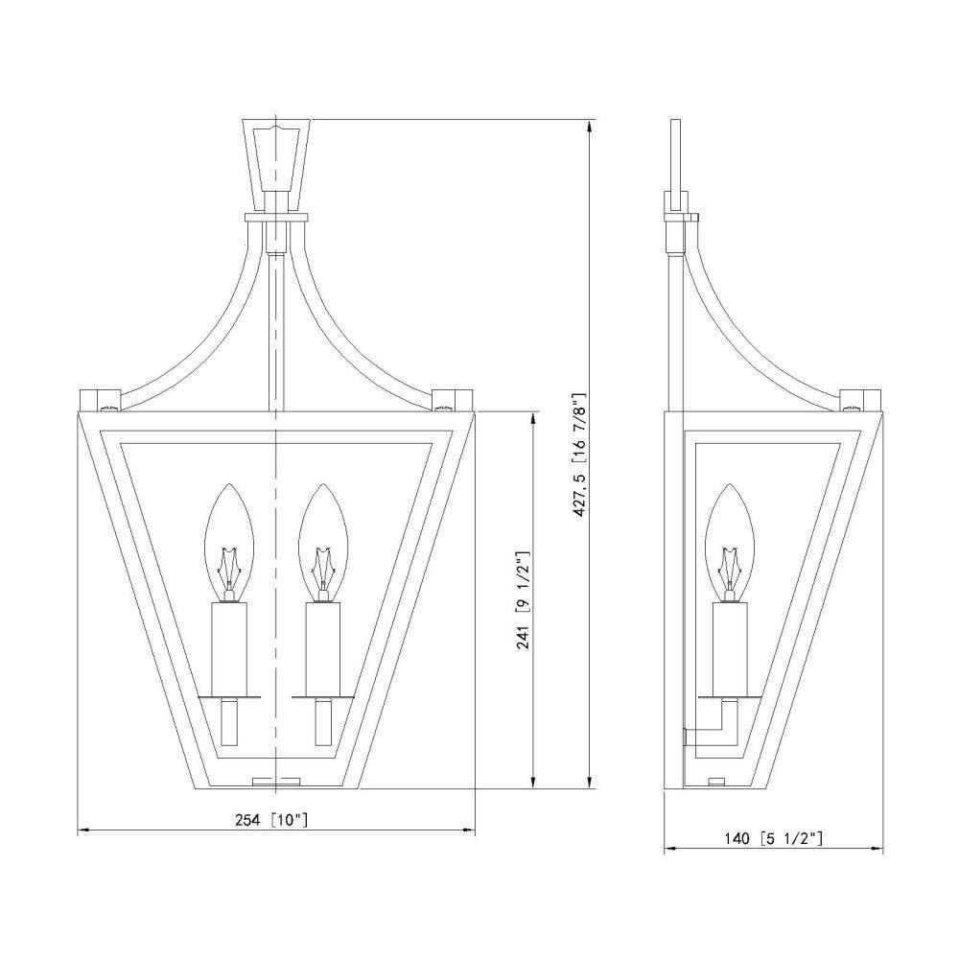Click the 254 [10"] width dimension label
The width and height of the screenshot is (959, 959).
(x=271, y=820)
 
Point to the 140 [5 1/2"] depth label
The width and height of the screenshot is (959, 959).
(x=773, y=838)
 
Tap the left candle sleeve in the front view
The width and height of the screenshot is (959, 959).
(x=229, y=649)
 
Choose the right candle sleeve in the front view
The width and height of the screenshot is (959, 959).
(x=323, y=649)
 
